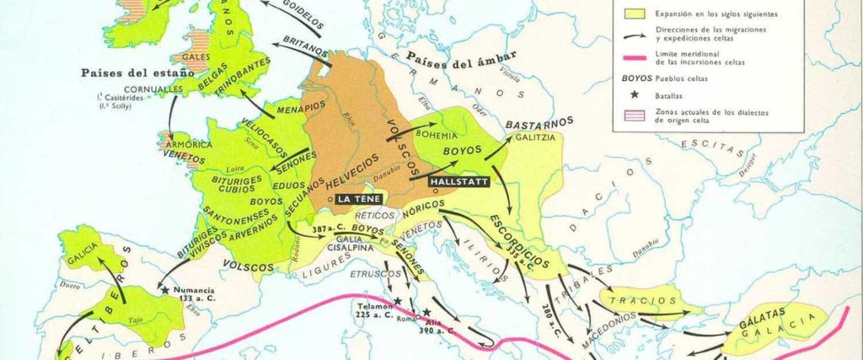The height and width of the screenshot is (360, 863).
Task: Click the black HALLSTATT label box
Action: pyautogui.click(x=457, y=180)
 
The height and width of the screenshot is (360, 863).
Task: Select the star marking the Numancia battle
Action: pyautogui.click(x=165, y=290)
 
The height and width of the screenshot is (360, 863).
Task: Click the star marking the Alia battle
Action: pyautogui.click(x=427, y=313)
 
